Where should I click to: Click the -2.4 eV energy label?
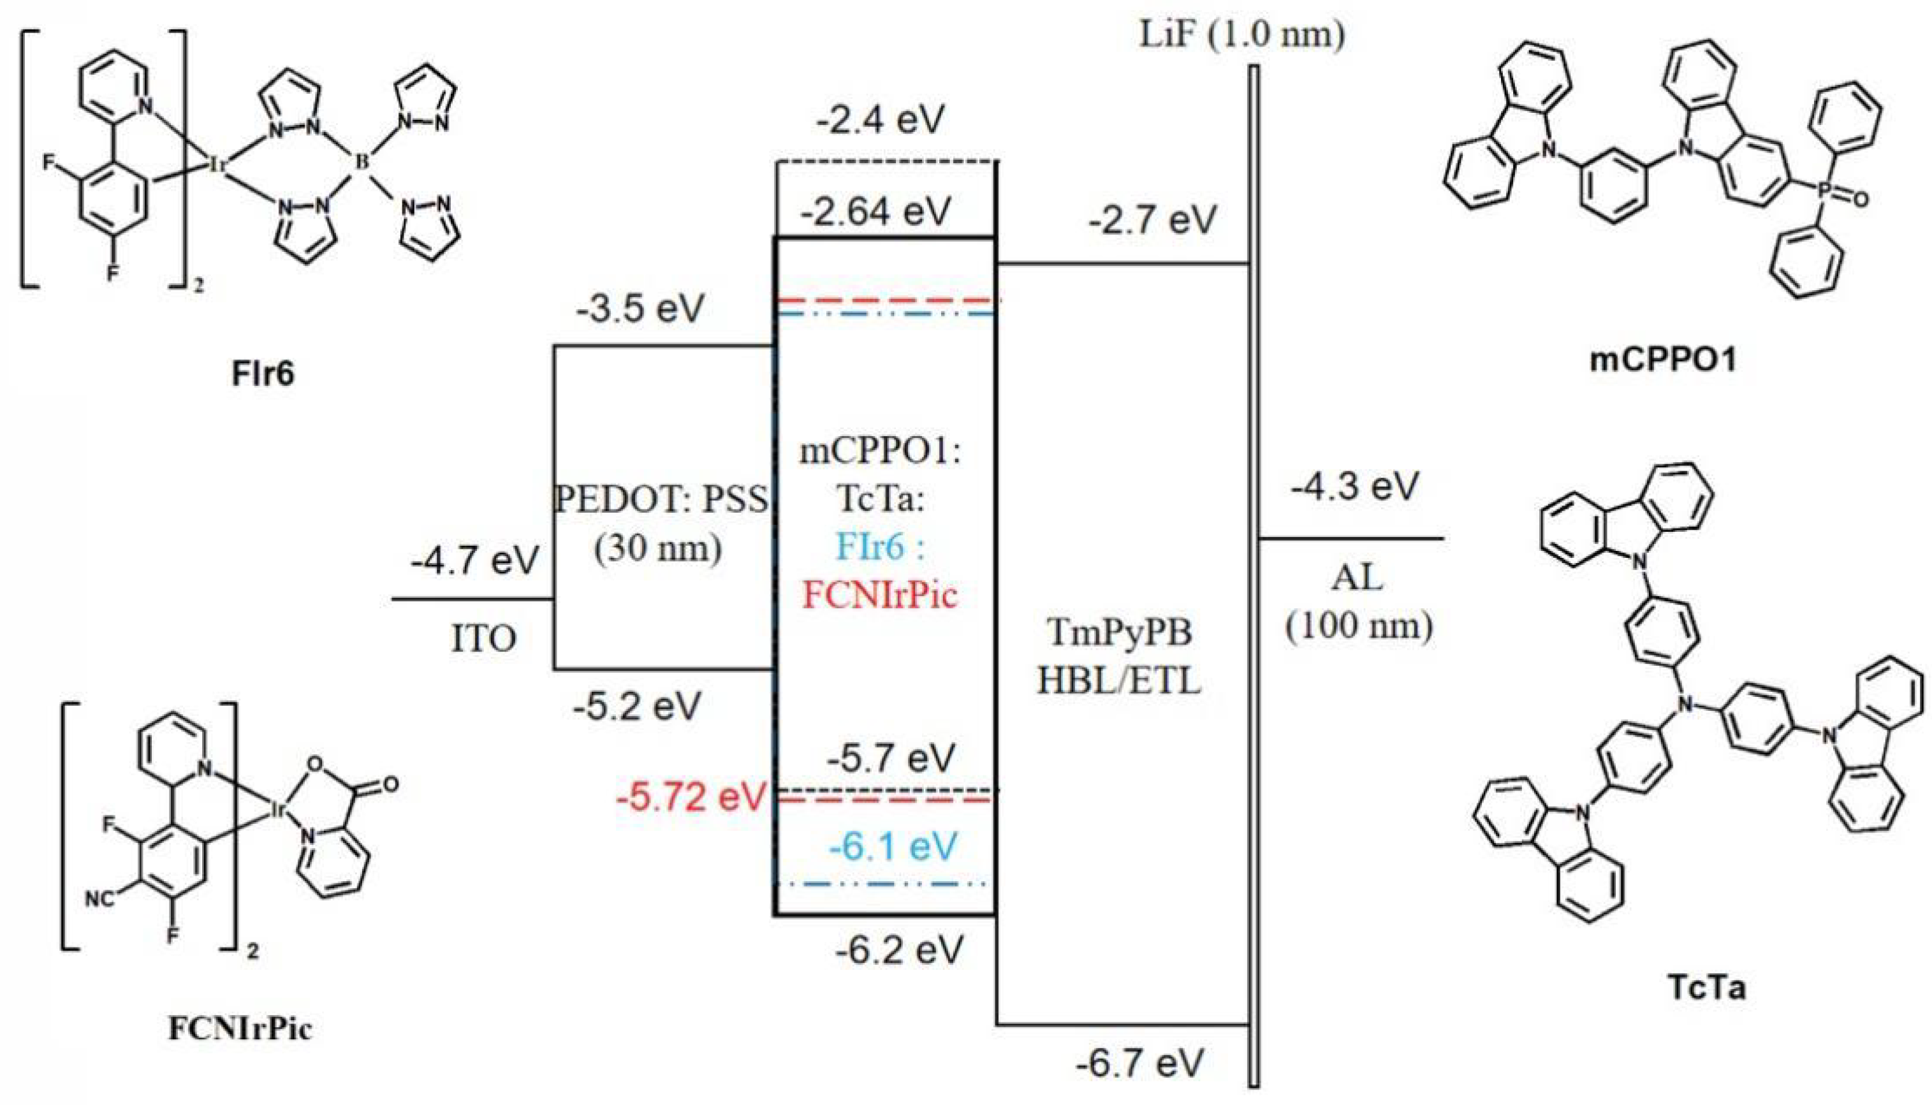click(x=881, y=119)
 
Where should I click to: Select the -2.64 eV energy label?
click(x=875, y=211)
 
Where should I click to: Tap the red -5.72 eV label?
click(x=690, y=797)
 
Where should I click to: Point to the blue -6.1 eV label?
click(x=893, y=846)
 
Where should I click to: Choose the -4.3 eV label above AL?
click(x=1354, y=486)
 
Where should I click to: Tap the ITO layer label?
click(x=483, y=639)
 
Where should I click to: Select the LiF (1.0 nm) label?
click(x=1242, y=35)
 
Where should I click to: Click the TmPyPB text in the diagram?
click(x=1118, y=632)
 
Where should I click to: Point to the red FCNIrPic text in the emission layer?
click(x=881, y=595)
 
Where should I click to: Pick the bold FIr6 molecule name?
click(x=263, y=374)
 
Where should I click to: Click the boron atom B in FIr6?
click(x=363, y=162)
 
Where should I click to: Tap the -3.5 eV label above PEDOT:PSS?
click(x=640, y=309)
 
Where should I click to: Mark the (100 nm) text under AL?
click(x=1358, y=627)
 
